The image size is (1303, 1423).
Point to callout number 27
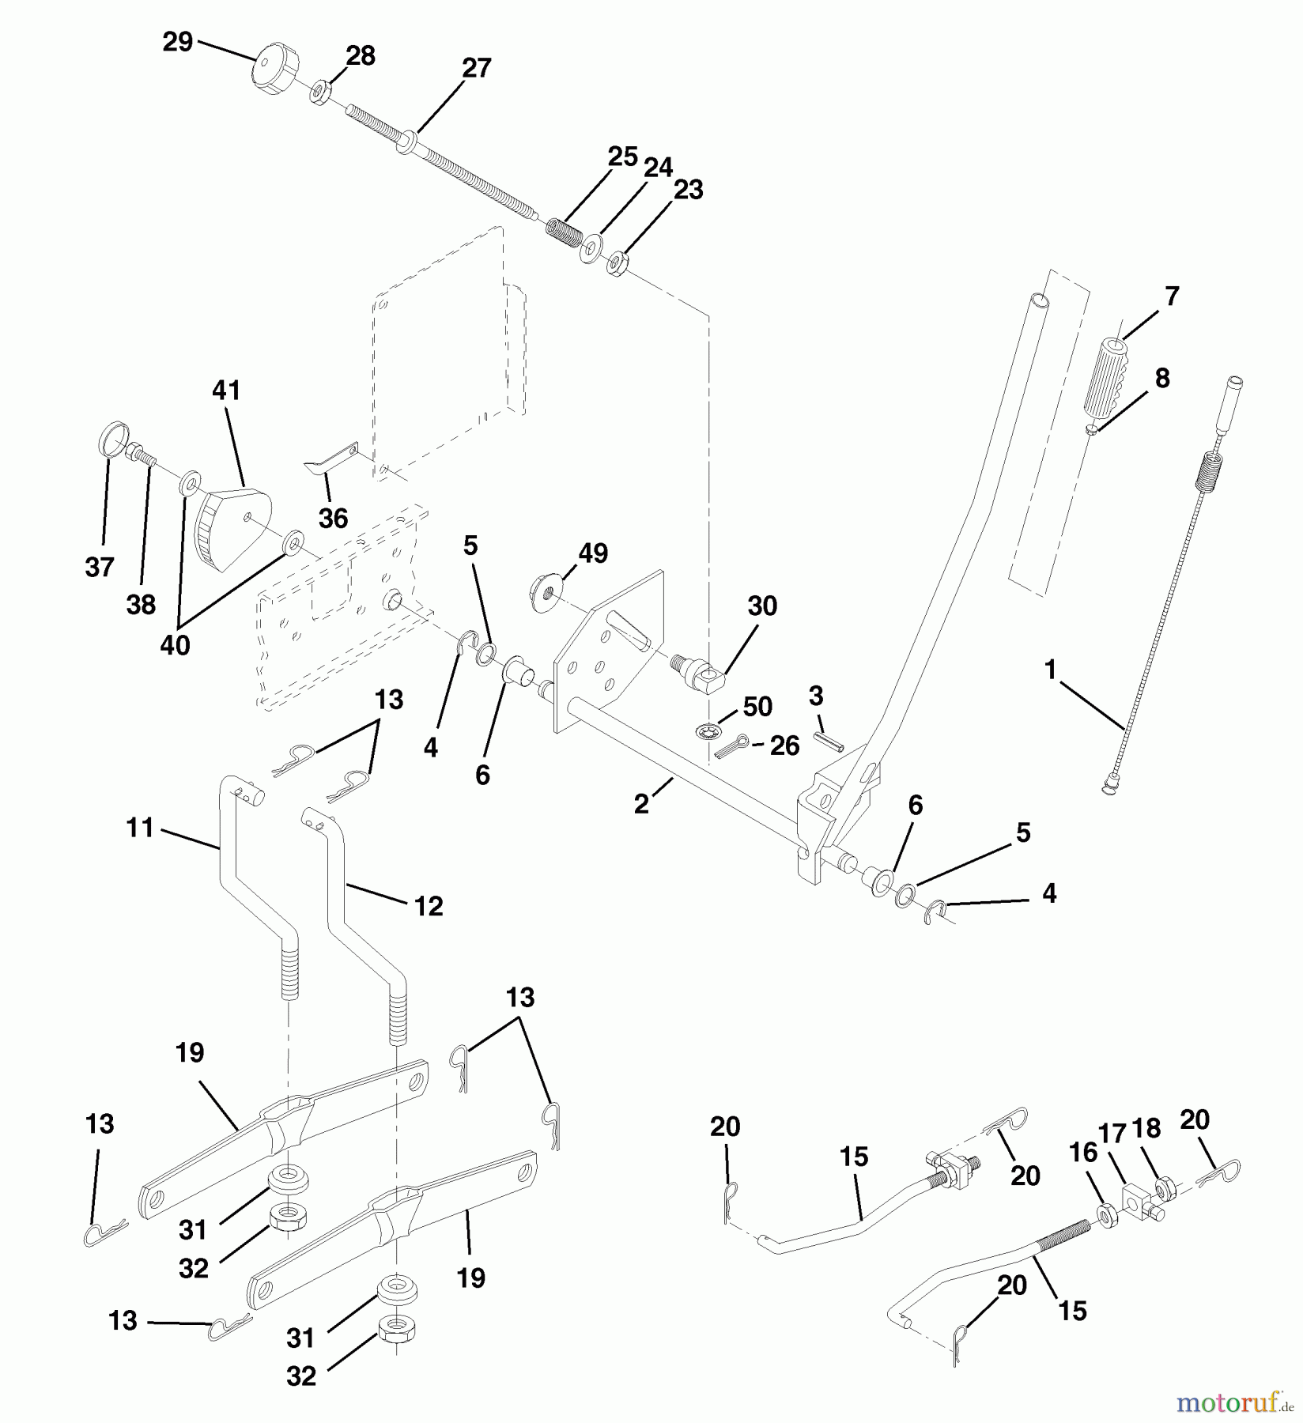click(477, 69)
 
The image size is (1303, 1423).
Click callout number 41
click(226, 391)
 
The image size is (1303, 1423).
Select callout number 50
click(757, 706)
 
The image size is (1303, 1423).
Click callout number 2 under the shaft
click(641, 804)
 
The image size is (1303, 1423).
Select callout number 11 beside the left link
click(140, 829)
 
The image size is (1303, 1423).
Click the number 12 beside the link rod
click(429, 906)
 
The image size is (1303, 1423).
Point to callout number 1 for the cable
click(1050, 670)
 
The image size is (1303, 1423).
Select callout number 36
click(333, 518)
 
